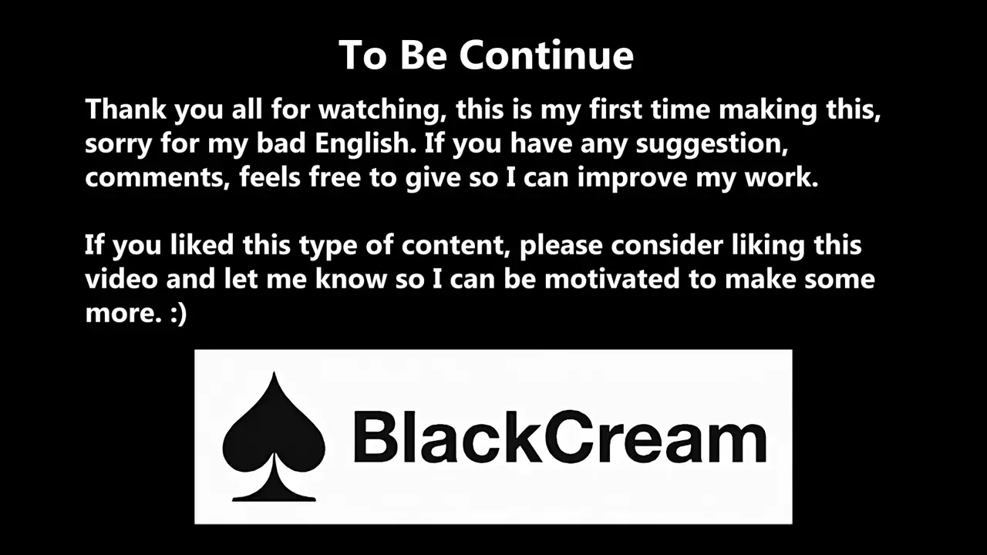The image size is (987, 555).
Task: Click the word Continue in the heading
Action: click(547, 55)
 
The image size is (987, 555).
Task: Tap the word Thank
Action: click(126, 109)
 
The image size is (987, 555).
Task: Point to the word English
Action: click(365, 143)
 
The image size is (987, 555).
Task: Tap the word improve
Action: click(632, 178)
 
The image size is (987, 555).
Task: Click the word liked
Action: click(202, 244)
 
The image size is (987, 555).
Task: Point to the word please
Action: click(561, 246)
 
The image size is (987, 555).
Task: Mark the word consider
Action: click(667, 244)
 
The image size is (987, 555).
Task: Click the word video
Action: click(121, 279)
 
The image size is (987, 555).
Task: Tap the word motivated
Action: click(612, 279)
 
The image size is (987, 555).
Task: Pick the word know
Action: click(351, 279)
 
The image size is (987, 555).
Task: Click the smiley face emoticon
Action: click(178, 314)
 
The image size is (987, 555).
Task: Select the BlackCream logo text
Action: click(560, 436)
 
